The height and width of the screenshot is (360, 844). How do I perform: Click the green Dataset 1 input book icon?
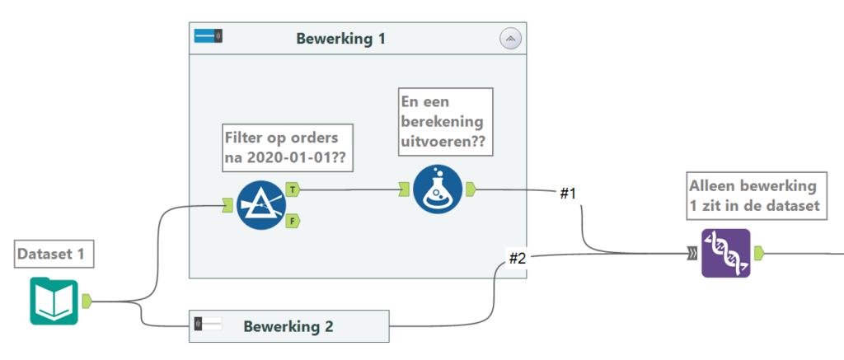54,301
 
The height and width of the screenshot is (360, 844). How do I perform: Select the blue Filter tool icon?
260,205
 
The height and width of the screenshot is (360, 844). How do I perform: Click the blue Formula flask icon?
438,189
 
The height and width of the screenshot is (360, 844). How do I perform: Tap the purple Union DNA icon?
725,253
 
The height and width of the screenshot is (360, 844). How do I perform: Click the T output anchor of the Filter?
293,189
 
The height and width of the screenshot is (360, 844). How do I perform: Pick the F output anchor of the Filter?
293,221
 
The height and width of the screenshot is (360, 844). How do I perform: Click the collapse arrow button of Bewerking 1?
511,38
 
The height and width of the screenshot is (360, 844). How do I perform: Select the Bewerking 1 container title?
340,38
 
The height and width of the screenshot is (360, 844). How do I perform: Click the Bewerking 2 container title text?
288,326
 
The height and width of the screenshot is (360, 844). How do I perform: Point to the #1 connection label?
568,194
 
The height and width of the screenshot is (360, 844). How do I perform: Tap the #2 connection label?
518,258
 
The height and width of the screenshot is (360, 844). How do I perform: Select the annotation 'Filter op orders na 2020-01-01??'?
288,147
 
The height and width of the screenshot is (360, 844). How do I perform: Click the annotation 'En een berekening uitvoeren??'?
445,122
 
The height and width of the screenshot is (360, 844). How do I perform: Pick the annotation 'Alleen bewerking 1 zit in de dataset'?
755,195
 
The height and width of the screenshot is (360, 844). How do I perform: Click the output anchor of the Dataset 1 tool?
87,302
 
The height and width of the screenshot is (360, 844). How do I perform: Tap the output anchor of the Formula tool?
470,189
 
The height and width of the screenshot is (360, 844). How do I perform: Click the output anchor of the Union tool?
759,253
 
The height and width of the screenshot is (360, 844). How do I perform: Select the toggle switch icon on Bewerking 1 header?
209,36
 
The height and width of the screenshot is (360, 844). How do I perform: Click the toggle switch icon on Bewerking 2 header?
209,325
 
